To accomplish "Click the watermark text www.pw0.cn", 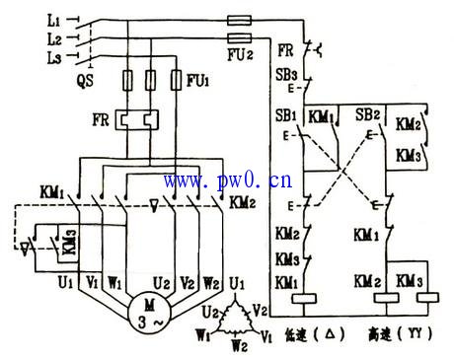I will click(x=227, y=180).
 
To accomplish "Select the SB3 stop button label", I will click(x=286, y=75).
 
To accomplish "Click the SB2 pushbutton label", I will click(x=368, y=115).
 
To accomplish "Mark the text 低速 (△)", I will click(x=313, y=335).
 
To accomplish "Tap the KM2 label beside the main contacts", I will click(x=240, y=203).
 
